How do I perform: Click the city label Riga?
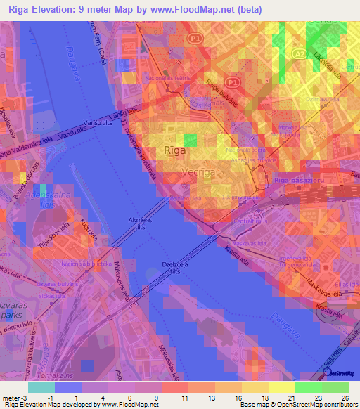[x=174, y=150]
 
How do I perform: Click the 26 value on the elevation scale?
[x=345, y=397]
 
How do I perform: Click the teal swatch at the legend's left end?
[x=41, y=387]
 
